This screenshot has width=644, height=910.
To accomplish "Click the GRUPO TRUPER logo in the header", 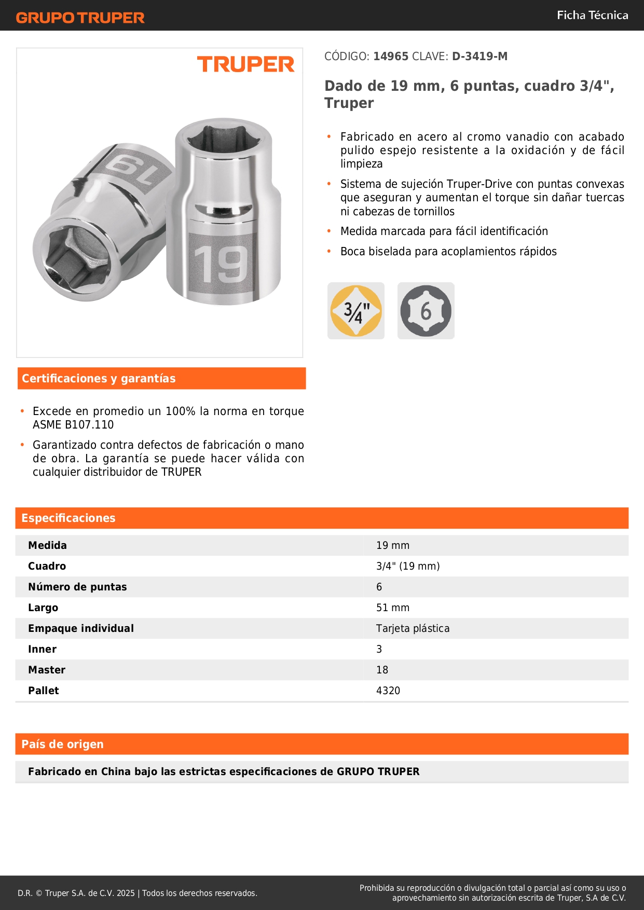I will coord(80,18).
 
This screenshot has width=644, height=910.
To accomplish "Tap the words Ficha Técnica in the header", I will coord(592,15).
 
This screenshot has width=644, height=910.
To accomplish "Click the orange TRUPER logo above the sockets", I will coord(245,64).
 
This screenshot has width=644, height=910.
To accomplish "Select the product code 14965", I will coord(391,57).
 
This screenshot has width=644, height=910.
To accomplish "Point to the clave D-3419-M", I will coord(479,57).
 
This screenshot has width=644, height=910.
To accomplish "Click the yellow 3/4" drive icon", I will coord(356,311).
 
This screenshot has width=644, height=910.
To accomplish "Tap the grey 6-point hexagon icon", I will coord(426,311).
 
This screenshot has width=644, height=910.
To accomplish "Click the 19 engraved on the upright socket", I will coord(221,265).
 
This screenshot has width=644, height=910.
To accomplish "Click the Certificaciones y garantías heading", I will coord(99,378).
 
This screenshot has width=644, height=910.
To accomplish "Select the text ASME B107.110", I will coord(73,424).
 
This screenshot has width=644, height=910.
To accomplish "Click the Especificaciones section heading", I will coord(68,518).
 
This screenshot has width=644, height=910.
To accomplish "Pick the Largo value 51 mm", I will coord(393,608).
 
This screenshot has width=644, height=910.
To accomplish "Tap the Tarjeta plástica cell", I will coord(413,628).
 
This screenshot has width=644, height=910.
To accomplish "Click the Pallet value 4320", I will coord(388,691).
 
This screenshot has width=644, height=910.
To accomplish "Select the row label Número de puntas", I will coord(77,587).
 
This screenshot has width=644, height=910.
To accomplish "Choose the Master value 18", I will coord(382,670).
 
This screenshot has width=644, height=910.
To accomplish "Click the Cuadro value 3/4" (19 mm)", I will coord(408,566).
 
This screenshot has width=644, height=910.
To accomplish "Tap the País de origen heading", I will coord(62,744).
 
